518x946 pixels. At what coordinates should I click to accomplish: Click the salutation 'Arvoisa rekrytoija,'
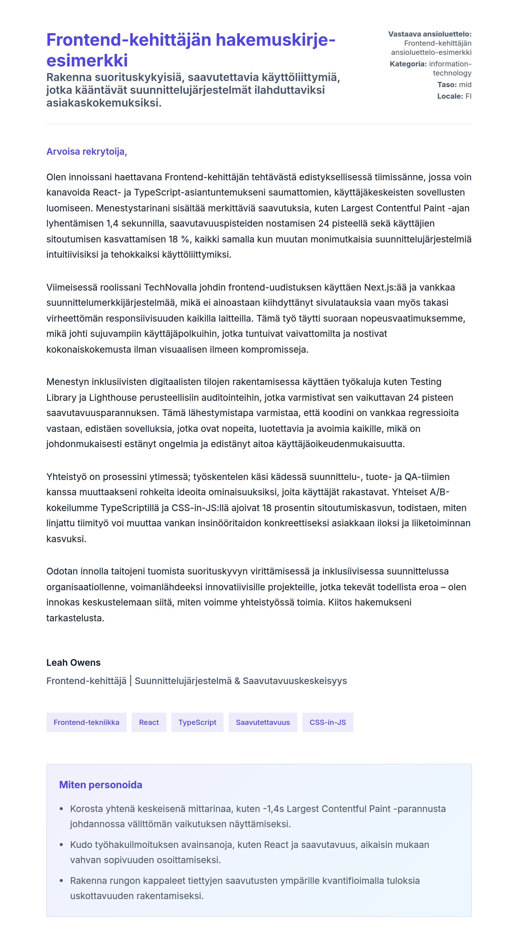(x=87, y=152)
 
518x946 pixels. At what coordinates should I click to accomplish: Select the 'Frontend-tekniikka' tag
(x=86, y=722)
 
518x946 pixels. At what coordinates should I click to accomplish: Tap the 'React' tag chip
(x=149, y=722)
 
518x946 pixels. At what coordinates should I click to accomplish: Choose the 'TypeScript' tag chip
(x=197, y=722)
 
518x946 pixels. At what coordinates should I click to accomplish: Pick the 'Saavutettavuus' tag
(x=263, y=722)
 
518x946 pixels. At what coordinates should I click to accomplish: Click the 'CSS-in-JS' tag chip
(x=328, y=722)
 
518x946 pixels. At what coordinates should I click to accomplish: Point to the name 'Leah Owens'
(x=73, y=662)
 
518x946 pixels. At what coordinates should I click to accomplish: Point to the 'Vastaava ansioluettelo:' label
(x=430, y=34)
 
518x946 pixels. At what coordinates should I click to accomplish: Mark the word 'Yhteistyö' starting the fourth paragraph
(x=66, y=477)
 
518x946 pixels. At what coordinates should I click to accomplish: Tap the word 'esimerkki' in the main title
(x=87, y=61)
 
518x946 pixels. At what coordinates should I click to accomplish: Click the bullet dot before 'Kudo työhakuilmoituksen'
(x=61, y=845)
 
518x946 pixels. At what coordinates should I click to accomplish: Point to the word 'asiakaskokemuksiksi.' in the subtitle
(x=104, y=103)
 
